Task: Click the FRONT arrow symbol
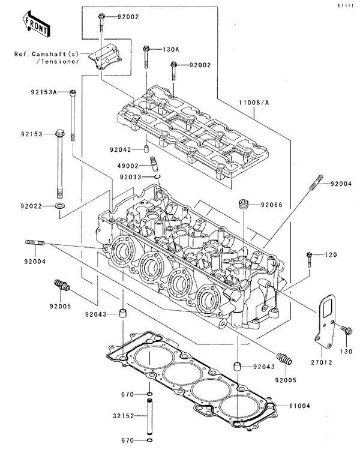pos(35,23)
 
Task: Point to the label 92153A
pos(44,92)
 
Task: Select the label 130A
pos(171,50)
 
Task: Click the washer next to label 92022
pos(59,206)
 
